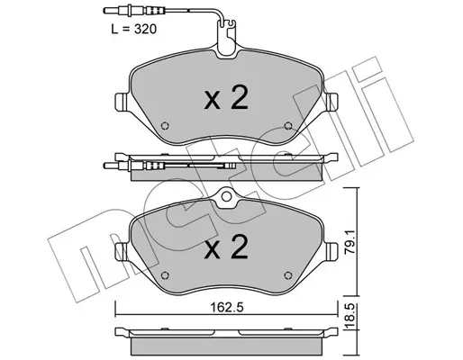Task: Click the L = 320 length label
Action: coord(134,30)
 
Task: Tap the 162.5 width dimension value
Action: coord(226,308)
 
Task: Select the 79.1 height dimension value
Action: coord(350,242)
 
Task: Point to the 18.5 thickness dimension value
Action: coord(350,316)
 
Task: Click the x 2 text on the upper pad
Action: coord(226,97)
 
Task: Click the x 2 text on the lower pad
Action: coord(226,247)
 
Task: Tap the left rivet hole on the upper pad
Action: coord(165,125)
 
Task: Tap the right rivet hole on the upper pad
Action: coord(288,125)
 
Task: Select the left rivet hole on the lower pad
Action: coord(165,275)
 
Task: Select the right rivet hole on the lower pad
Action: coord(288,275)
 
